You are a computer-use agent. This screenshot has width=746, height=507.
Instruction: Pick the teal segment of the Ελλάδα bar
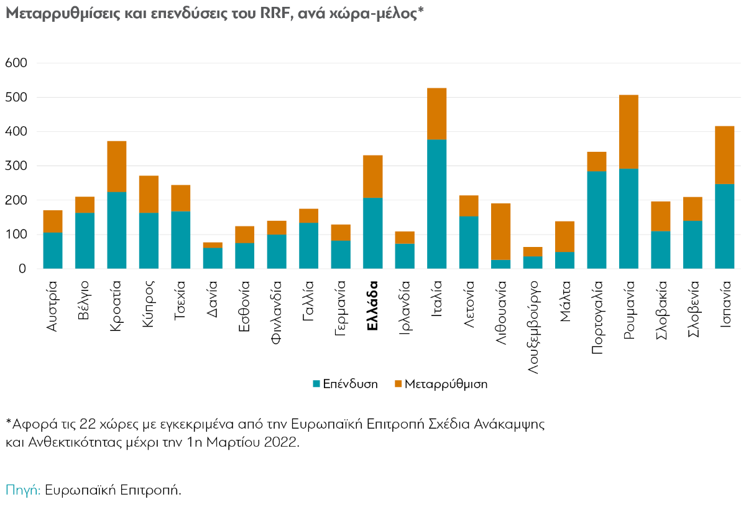click(x=372, y=233)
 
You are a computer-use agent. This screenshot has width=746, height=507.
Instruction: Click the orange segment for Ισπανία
click(x=724, y=155)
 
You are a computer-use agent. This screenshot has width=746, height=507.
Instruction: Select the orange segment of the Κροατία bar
click(x=116, y=167)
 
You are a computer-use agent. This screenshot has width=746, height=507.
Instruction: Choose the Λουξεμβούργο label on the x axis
click(x=533, y=326)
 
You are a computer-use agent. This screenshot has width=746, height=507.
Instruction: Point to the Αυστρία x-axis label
click(x=53, y=306)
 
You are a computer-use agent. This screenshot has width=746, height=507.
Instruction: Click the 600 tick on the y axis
click(x=16, y=63)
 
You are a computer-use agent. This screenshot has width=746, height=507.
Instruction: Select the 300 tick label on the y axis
click(x=16, y=166)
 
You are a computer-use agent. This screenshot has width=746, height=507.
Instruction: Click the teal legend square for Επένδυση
click(x=316, y=384)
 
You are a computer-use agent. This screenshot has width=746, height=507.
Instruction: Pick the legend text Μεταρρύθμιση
click(x=446, y=384)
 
